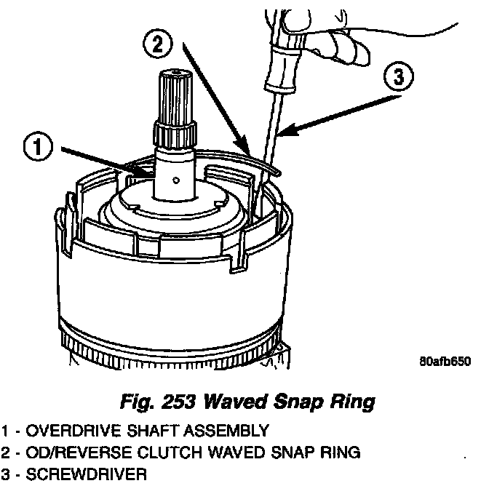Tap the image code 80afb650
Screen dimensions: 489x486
click(445, 362)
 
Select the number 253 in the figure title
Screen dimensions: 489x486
click(180, 401)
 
